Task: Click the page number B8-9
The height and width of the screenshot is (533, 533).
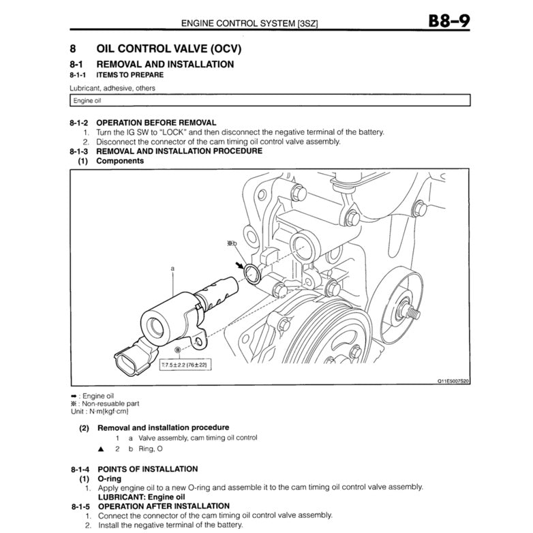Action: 448,21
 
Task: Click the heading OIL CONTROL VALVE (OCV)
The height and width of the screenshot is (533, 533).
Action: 168,49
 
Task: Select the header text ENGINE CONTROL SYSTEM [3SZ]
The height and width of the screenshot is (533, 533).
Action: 249,23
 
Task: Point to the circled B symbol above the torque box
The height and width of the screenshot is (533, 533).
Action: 178,350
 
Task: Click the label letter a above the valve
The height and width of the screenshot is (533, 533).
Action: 172,269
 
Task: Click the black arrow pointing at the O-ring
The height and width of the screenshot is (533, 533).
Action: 239,262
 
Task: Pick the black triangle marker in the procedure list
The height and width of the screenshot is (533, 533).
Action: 101,449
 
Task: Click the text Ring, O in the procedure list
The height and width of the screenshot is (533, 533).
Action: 150,449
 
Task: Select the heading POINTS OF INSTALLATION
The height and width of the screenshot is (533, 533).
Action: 147,469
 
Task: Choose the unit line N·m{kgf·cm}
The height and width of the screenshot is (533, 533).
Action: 98,411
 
